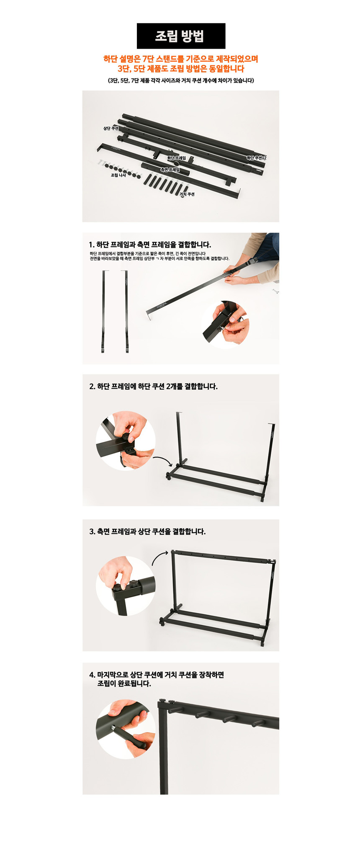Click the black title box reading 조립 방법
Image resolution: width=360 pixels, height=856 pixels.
click(181, 36)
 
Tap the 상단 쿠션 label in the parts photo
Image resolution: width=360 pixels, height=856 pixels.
click(111, 128)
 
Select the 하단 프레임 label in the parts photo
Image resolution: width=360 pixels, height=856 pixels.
click(176, 158)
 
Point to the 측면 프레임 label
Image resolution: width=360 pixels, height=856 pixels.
click(170, 170)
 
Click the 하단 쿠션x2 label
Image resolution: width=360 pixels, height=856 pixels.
click(256, 158)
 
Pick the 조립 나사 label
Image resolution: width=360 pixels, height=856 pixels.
click(118, 175)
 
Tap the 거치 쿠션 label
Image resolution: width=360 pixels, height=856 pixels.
click(187, 194)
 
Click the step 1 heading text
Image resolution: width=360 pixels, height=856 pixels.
click(150, 245)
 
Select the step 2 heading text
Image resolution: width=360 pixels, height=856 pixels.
click(153, 386)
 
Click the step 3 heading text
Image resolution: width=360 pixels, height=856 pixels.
click(147, 531)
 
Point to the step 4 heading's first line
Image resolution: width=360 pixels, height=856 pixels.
click(156, 675)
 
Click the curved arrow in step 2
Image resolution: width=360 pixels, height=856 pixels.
click(162, 461)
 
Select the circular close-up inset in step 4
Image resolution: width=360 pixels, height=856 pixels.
click(126, 729)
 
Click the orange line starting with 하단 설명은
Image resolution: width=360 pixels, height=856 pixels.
click(181, 59)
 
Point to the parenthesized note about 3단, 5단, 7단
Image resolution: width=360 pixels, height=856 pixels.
click(181, 80)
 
